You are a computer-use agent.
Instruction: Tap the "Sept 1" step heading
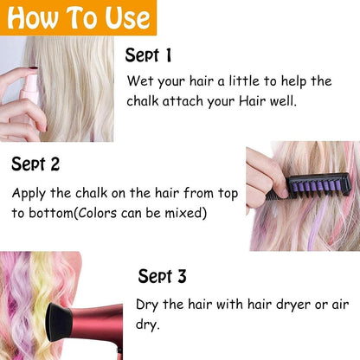148,56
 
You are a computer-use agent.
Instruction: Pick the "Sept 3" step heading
162,277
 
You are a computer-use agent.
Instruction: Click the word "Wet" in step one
139,82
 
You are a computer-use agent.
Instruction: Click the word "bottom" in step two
52,213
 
